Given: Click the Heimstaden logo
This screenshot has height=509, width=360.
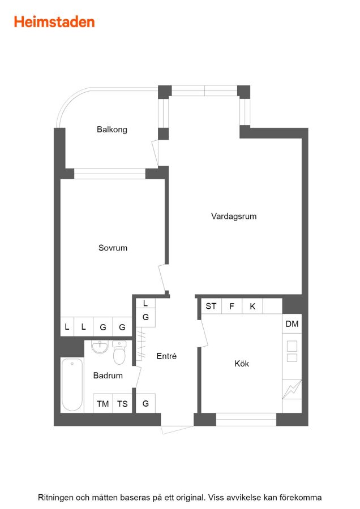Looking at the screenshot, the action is (x=54, y=22).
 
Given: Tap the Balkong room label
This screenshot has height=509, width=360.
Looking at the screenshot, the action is (x=112, y=130).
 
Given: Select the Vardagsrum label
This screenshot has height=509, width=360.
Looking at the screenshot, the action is (x=234, y=216).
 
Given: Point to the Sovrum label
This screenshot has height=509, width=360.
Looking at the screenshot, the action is (x=113, y=248).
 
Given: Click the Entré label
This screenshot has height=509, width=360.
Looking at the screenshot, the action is (x=166, y=356).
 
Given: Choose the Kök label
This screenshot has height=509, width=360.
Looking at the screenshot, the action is (x=242, y=363).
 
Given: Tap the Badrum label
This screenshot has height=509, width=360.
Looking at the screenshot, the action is (x=108, y=376).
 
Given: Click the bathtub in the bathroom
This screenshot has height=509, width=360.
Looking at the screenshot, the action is (x=72, y=385).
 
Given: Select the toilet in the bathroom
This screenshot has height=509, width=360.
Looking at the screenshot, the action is (x=119, y=352).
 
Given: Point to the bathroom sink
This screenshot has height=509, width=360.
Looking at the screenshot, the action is (x=100, y=347).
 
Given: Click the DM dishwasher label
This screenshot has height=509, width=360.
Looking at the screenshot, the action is (x=292, y=323).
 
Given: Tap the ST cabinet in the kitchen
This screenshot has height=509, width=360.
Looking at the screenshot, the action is (x=211, y=306).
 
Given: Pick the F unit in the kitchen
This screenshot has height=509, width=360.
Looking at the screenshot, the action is (x=232, y=306).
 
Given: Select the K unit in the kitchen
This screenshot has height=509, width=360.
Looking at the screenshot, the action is (x=252, y=306).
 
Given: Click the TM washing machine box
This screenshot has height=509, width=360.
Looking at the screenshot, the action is (x=102, y=403).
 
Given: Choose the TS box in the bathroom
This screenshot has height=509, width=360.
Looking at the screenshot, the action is (x=122, y=403).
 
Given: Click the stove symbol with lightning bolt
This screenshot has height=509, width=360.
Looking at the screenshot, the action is (x=292, y=389).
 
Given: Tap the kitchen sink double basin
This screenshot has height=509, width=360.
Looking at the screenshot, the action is (x=292, y=351).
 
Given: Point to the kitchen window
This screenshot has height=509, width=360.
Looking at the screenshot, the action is (x=246, y=419).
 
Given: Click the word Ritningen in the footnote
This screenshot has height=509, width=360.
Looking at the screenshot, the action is (x=55, y=498).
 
